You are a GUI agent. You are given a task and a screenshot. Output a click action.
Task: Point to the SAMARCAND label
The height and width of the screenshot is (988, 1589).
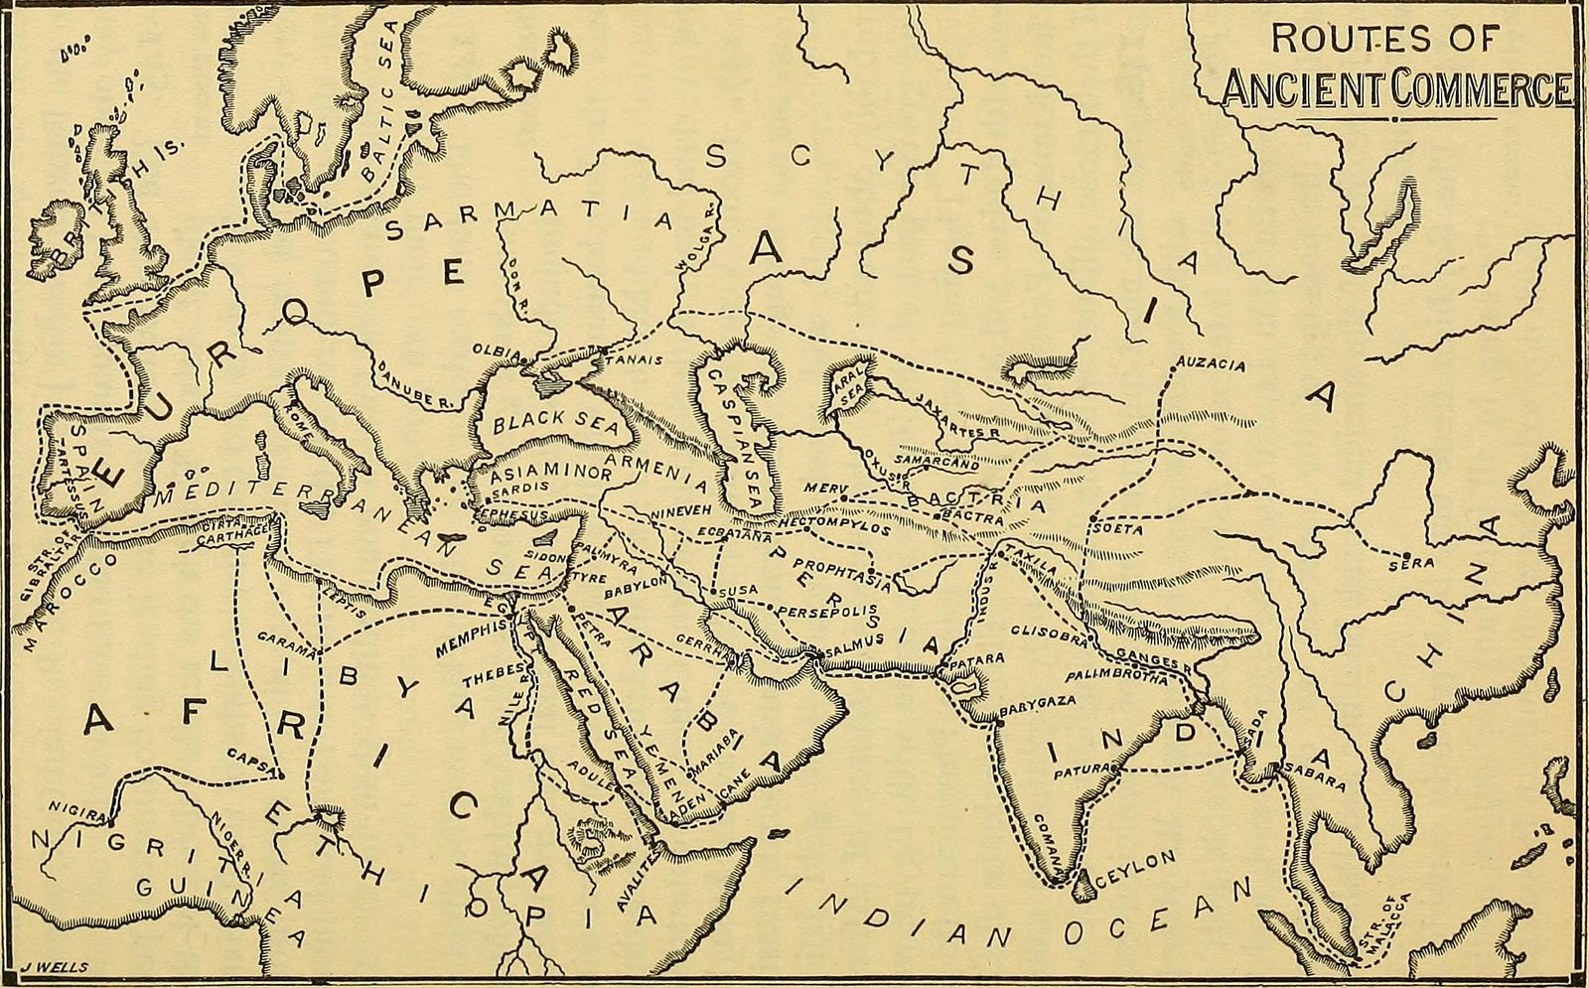coord(937,464)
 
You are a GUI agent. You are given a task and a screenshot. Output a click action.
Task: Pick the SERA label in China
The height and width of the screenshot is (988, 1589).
coord(1417,563)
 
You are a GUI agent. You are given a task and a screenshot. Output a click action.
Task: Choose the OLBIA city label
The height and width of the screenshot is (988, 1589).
coord(494,352)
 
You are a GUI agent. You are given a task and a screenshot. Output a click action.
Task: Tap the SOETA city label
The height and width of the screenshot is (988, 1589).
coord(1118,530)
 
